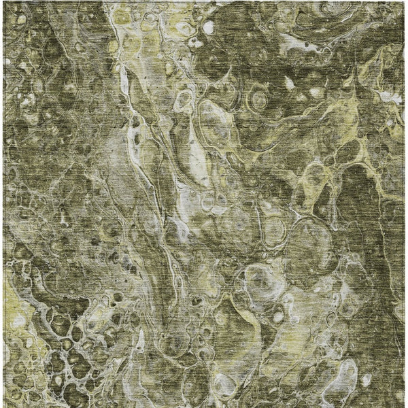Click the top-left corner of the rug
click(x=2, y=1)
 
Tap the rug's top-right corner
click(x=406, y=1)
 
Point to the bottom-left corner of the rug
click(x=2, y=407)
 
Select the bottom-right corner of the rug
click(x=406, y=407)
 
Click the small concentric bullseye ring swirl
click(x=259, y=100)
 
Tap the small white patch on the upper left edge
click(x=7, y=61)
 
